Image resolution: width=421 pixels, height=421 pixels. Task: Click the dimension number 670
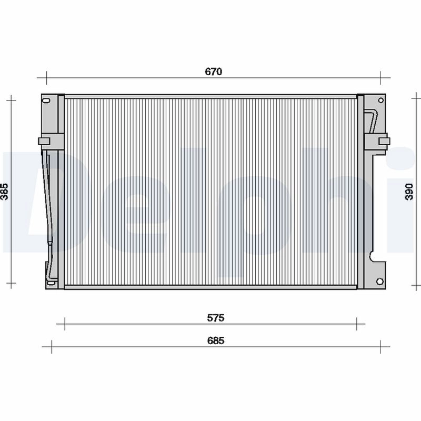214,72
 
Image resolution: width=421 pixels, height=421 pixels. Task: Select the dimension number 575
215,318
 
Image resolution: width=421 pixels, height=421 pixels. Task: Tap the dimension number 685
215,340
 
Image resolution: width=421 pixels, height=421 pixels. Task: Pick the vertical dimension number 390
415,193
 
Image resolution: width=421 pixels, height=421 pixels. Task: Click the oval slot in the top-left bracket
47,101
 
